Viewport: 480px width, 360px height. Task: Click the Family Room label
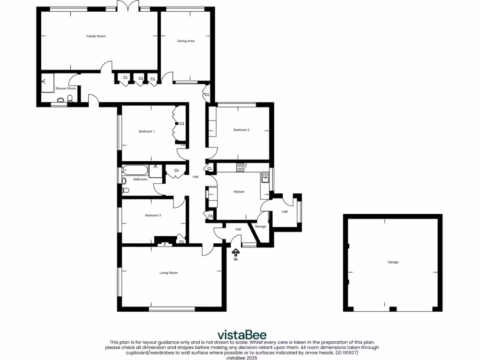(x=96, y=36)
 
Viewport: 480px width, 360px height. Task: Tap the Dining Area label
(x=186, y=41)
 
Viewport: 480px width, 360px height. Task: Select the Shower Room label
(x=66, y=88)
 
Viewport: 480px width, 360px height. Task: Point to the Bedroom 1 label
(x=147, y=131)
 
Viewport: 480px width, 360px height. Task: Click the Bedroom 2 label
(x=241, y=130)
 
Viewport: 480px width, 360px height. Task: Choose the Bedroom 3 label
(x=153, y=215)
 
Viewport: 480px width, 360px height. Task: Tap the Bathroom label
(x=140, y=179)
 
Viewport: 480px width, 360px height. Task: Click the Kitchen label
(x=240, y=192)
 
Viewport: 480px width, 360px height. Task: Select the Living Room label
(x=169, y=272)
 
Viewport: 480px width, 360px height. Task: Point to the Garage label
(x=393, y=262)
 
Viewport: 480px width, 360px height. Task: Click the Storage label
(x=260, y=226)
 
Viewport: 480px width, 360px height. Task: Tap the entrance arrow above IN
(x=236, y=252)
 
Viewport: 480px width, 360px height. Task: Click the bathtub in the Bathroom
(x=135, y=170)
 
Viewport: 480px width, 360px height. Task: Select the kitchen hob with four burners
(x=240, y=166)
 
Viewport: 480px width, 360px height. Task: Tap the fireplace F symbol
(x=165, y=244)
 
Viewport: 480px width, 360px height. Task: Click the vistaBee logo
(x=241, y=334)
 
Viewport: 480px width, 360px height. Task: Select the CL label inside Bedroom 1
(x=182, y=123)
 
